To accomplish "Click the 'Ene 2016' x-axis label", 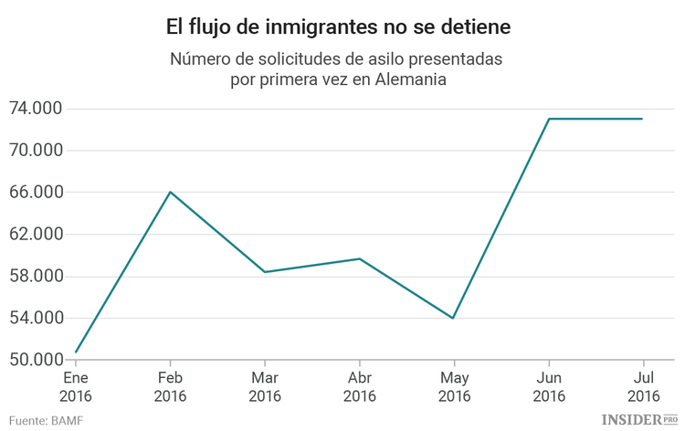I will pyautogui.click(x=76, y=386).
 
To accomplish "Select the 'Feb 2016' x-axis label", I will pyautogui.click(x=170, y=386).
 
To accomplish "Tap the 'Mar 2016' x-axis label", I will pyautogui.click(x=265, y=386).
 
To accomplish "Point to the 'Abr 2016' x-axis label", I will pyautogui.click(x=360, y=386).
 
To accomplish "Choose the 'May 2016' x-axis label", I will pyautogui.click(x=454, y=386).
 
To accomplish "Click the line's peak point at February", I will pyautogui.click(x=170, y=192).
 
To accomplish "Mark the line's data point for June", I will pyautogui.click(x=548, y=119).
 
